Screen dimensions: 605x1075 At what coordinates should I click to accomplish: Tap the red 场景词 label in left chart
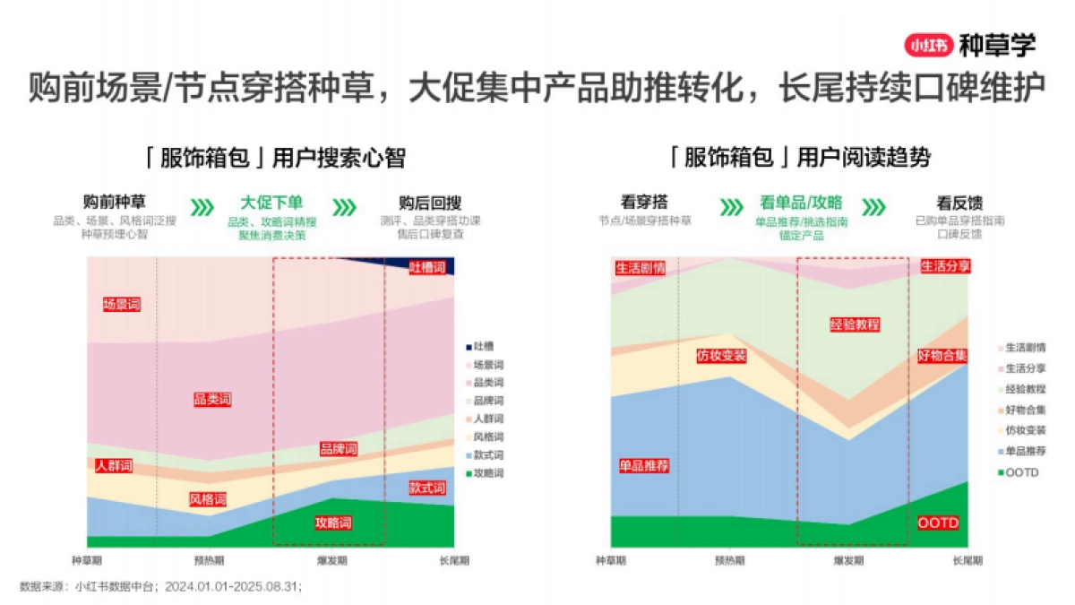(x=122, y=305)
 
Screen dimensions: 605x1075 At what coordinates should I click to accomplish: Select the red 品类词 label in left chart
(x=212, y=399)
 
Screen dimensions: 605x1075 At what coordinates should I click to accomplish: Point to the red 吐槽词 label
(x=427, y=267)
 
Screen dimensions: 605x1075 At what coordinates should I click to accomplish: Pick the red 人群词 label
(x=114, y=466)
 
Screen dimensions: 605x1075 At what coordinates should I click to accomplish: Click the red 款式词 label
(x=427, y=488)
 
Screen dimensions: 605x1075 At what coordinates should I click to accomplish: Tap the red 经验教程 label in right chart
(x=855, y=324)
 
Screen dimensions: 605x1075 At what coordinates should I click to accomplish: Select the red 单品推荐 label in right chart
(x=644, y=466)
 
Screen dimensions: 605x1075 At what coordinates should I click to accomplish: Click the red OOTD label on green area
(x=938, y=523)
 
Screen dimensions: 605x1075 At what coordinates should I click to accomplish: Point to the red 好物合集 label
(x=942, y=355)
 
